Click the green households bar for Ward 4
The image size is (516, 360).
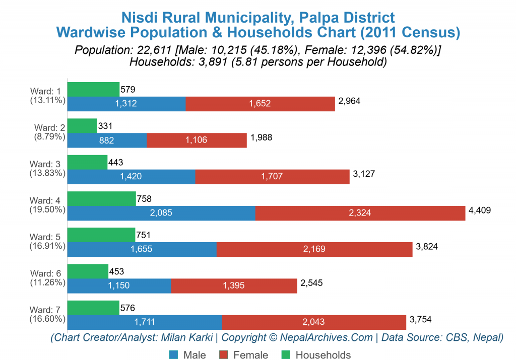(x=101, y=199)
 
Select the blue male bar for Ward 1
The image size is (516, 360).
(x=126, y=104)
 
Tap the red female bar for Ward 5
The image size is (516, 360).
(x=314, y=249)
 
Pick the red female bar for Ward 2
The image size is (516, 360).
(x=197, y=140)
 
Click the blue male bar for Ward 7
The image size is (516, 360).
(x=144, y=322)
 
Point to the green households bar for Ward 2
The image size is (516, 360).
(x=82, y=126)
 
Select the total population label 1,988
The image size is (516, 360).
(x=261, y=137)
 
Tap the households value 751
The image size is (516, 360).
(x=144, y=235)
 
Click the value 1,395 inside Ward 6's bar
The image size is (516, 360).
(x=233, y=285)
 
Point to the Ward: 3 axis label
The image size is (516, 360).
(x=44, y=164)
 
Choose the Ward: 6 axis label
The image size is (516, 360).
(x=44, y=273)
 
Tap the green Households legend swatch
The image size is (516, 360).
(x=286, y=355)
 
